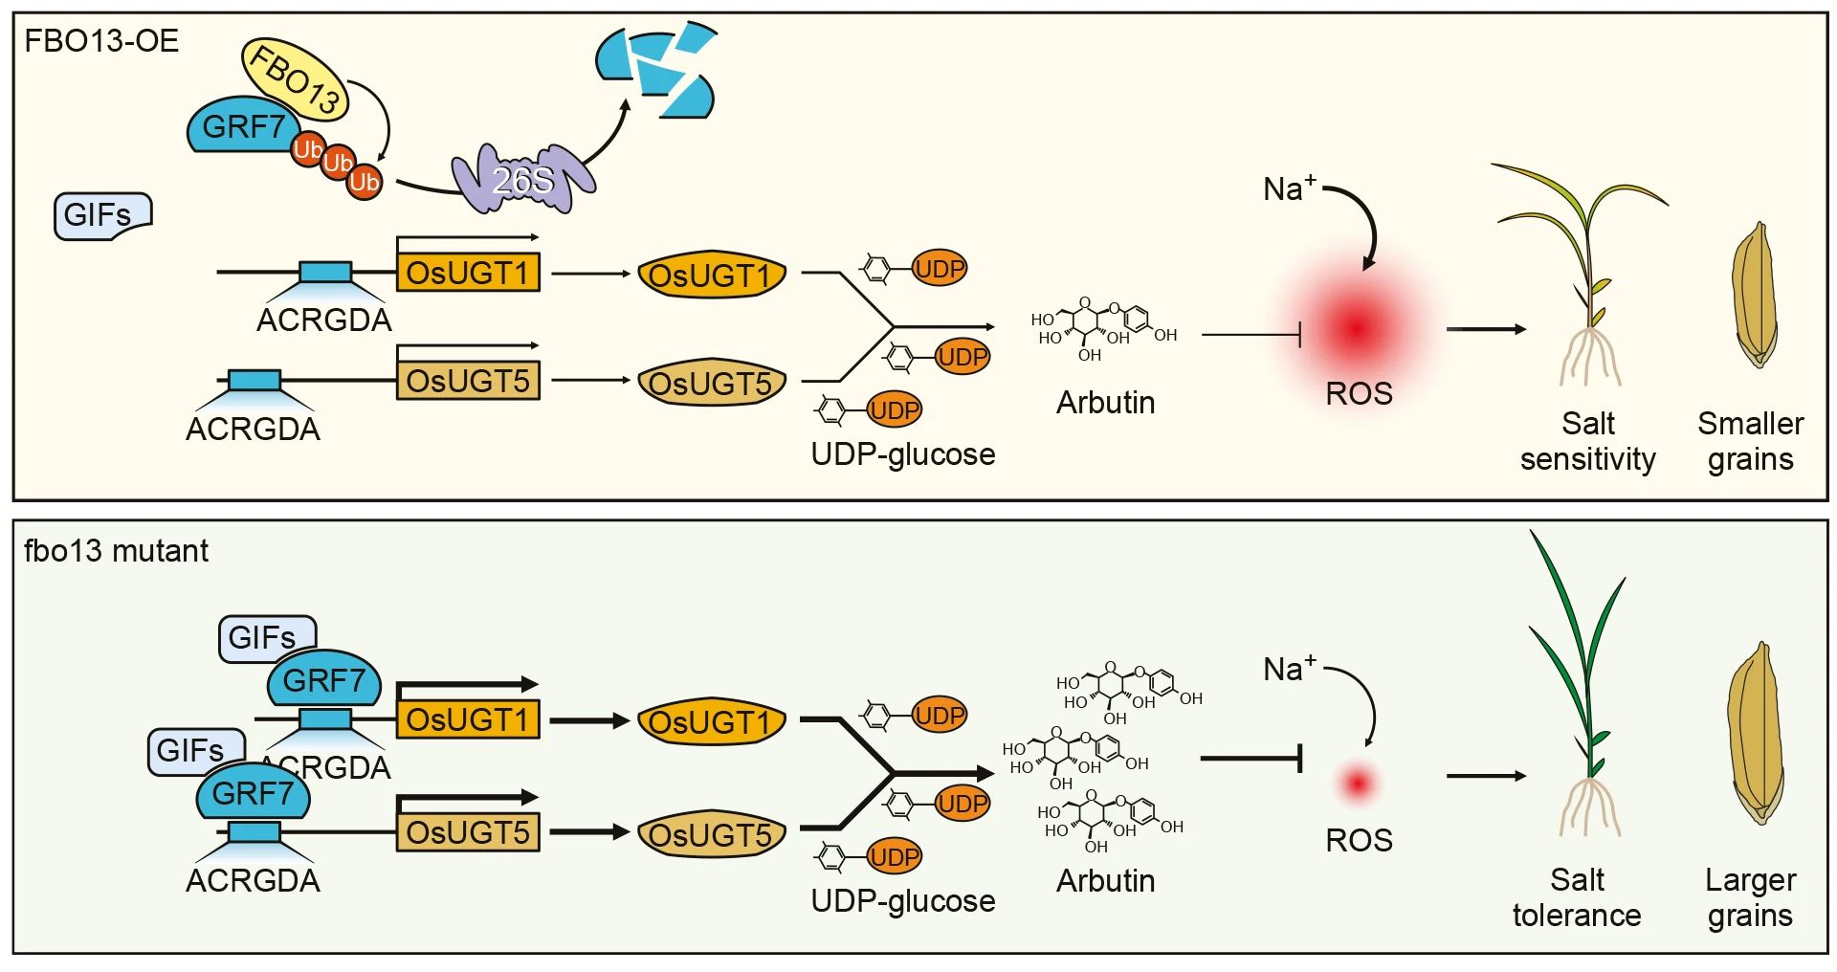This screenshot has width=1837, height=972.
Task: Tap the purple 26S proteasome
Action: click(522, 179)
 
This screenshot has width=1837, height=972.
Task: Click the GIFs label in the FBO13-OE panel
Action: click(100, 214)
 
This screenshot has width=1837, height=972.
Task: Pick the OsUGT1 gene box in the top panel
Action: click(468, 273)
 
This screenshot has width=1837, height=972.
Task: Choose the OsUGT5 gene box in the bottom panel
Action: click(468, 832)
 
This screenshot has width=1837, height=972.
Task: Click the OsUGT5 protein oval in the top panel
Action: click(711, 384)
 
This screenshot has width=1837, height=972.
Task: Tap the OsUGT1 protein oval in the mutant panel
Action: click(711, 722)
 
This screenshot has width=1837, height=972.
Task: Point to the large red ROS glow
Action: click(1357, 327)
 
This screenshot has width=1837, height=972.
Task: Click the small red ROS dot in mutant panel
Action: click(1358, 784)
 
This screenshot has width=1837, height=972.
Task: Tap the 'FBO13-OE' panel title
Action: click(101, 41)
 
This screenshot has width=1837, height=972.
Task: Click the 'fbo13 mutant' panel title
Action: click(116, 551)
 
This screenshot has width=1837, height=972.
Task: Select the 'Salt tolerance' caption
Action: click(1577, 896)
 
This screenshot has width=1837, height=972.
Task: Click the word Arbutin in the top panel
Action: click(1105, 403)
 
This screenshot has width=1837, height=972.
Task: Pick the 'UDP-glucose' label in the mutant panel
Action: click(902, 900)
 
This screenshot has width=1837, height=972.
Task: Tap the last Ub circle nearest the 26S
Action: click(365, 182)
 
